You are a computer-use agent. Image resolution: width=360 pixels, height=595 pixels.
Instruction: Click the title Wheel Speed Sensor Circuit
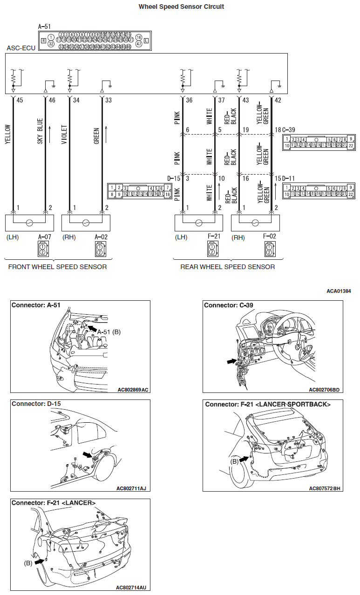(x=181, y=7)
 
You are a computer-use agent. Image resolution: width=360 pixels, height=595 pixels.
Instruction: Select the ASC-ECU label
(x=18, y=48)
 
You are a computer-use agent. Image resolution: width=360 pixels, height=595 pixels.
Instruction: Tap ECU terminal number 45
(x=20, y=100)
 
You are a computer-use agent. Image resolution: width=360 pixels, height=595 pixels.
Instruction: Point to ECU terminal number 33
(x=109, y=100)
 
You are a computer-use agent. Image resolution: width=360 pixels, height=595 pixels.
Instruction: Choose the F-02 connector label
(x=269, y=236)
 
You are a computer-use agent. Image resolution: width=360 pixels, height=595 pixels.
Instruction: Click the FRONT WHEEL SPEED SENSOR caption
(x=57, y=267)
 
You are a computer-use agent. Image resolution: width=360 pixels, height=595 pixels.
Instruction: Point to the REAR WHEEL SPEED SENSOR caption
(x=228, y=267)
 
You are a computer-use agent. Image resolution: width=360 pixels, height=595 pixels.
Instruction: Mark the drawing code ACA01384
(x=339, y=291)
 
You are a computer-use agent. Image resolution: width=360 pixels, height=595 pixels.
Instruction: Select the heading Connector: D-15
(x=36, y=404)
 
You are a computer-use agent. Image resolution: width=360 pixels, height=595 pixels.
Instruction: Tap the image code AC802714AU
(x=132, y=587)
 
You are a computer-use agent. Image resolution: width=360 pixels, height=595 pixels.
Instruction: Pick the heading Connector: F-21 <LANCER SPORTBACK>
(x=268, y=404)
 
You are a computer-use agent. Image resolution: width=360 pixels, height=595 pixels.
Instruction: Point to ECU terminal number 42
(x=278, y=100)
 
